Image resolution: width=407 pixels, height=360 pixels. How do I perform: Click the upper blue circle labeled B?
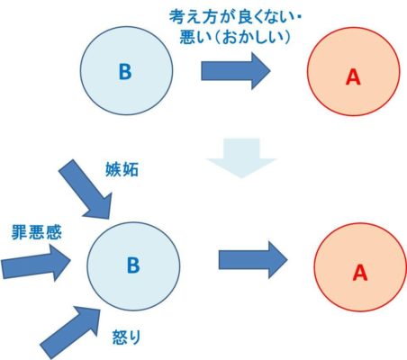pos(126,71)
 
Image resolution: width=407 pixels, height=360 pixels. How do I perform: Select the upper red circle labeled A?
pos(353,71)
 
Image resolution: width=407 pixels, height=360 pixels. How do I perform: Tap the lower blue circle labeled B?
pos(133,266)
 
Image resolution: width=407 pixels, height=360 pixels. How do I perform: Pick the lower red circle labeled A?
pos(360,267)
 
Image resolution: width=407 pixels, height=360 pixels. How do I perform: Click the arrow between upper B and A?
pos(236,71)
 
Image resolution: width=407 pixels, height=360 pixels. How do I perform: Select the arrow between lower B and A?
pos(253,260)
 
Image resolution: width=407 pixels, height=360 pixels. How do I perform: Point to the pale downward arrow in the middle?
pos(241,158)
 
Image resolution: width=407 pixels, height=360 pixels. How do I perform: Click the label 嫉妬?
pos(122,170)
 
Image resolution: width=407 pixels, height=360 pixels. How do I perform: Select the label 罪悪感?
pos(37,232)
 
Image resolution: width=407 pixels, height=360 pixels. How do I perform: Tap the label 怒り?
pos(126,337)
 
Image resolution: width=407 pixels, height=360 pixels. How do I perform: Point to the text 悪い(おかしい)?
pos(235,37)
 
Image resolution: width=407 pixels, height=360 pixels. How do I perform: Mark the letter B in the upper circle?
pos(125,72)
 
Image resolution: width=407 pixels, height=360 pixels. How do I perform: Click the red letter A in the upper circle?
pos(353,76)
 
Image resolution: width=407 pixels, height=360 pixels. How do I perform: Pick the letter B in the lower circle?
pos(133,265)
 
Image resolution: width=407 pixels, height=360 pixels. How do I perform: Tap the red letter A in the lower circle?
pos(360,273)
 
